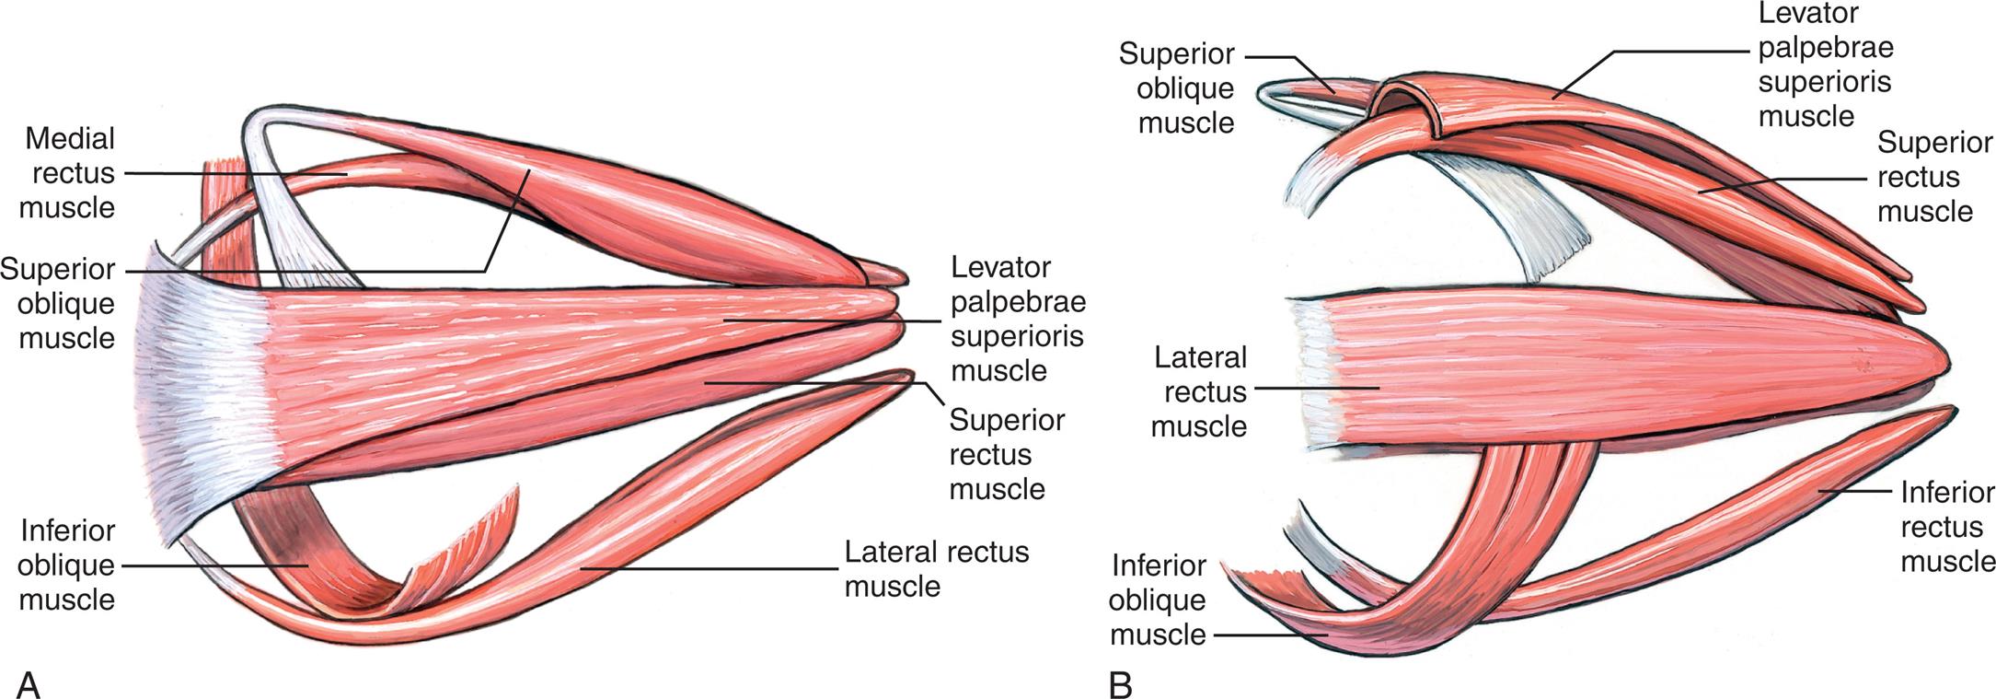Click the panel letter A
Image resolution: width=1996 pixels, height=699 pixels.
coord(29,684)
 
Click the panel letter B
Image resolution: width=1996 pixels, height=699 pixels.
coord(1120,684)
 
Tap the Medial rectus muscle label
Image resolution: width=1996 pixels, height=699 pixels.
coord(68,173)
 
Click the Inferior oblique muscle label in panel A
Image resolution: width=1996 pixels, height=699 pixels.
coord(66,565)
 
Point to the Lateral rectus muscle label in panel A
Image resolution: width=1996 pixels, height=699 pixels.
coord(936,569)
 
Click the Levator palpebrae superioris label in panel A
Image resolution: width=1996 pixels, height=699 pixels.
coord(1017,320)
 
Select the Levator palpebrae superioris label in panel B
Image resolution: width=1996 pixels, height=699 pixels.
coord(1824,65)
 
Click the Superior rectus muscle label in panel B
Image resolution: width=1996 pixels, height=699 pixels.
coord(1934,177)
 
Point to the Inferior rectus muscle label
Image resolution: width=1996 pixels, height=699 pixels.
coord(1947,527)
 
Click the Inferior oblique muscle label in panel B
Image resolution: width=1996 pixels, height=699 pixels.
coord(1158,600)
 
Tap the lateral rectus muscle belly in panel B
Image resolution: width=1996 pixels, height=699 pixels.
coord(1564,368)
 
